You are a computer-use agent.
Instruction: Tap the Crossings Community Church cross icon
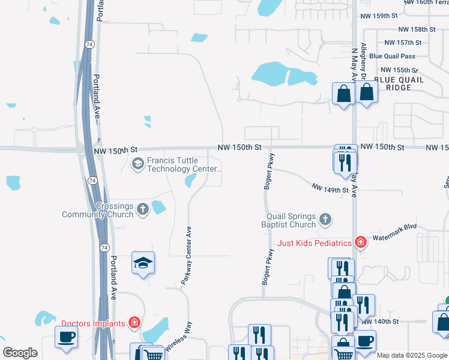coord(143,209)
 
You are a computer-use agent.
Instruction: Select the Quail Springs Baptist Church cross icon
coord(325,220)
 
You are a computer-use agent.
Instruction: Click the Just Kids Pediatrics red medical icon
coord(360,242)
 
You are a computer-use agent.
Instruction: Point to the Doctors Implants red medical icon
coord(135,323)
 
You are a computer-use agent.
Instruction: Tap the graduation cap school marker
coord(143,263)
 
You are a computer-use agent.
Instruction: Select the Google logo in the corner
coord(20,353)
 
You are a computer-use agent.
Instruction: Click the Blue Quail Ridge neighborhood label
coord(399,83)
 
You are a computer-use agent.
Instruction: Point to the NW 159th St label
coord(378,17)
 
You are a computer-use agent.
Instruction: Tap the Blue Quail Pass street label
coord(392,56)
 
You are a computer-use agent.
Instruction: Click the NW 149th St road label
coord(330,189)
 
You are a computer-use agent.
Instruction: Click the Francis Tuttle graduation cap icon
coord(138,163)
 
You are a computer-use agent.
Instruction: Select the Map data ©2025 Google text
coord(412,355)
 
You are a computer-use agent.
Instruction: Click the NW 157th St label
coord(403,43)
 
